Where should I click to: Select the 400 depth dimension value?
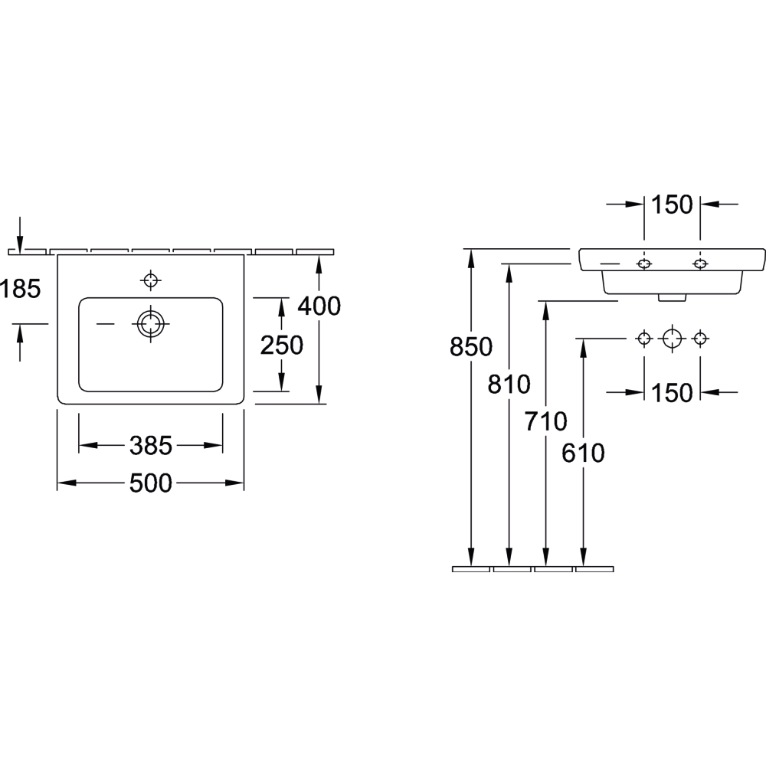click(319, 306)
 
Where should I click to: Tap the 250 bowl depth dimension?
click(281, 345)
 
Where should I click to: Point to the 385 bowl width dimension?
click(150, 446)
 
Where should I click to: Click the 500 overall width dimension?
click(150, 483)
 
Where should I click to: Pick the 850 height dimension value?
click(471, 347)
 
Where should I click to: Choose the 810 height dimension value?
click(509, 385)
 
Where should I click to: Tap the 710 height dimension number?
click(545, 421)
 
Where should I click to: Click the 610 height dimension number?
click(583, 453)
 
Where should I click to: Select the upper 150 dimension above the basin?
click(672, 205)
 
